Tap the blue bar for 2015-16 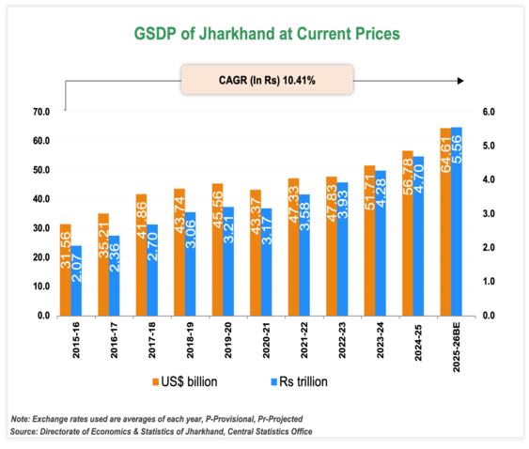click(76, 281)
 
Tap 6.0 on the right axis click(488, 112)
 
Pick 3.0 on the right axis click(488, 214)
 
